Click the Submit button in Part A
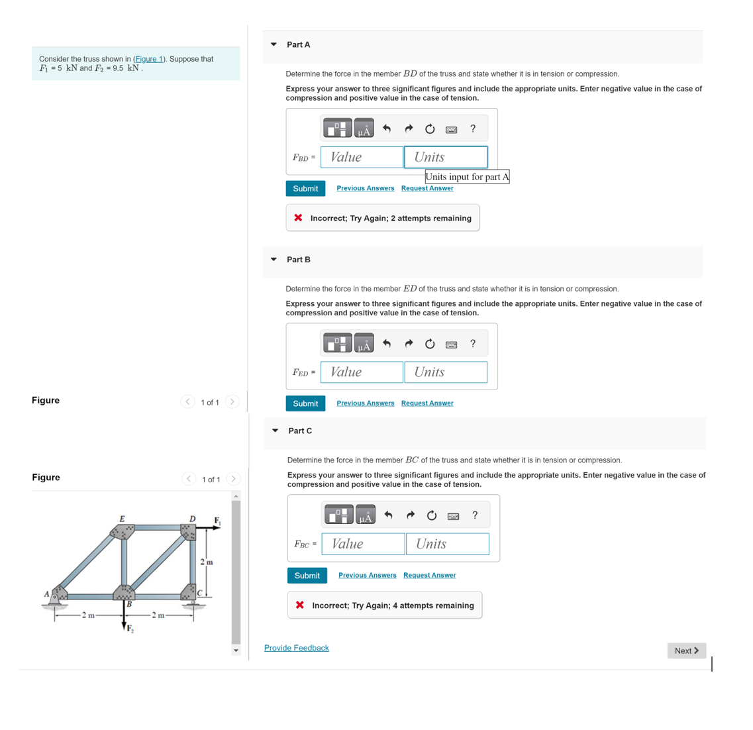(x=305, y=189)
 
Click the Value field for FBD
(x=362, y=157)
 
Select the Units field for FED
(x=446, y=372)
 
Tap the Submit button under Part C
(x=307, y=576)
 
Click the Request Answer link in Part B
(x=427, y=403)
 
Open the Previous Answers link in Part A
(x=365, y=188)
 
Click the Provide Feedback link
(x=296, y=648)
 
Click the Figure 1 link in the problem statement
(x=149, y=59)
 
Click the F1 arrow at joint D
(x=210, y=528)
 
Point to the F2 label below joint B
(x=130, y=628)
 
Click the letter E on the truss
(x=122, y=519)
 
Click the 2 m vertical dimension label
(x=207, y=562)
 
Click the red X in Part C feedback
(x=300, y=605)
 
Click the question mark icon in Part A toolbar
(x=473, y=129)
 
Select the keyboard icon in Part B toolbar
(x=452, y=344)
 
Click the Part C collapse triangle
(x=276, y=431)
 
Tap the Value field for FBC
(x=363, y=544)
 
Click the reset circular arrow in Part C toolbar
(x=432, y=515)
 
